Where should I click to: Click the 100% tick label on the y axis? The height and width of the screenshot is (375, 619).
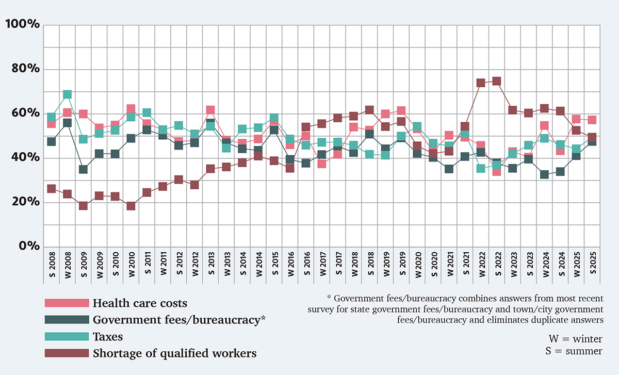(x=22, y=24)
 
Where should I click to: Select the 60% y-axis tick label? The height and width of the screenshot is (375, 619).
(x=25, y=113)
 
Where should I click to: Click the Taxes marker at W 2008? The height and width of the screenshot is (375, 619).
(x=67, y=94)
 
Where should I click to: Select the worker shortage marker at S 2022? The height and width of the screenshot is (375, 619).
(x=497, y=81)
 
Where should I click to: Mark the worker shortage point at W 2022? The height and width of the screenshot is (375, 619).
(x=481, y=83)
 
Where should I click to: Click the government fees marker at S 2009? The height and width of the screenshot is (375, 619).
(x=83, y=169)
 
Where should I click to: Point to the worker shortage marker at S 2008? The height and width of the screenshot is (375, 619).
(x=51, y=189)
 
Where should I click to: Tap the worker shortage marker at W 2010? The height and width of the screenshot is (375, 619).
(x=131, y=206)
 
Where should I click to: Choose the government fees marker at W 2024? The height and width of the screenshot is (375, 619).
(x=544, y=174)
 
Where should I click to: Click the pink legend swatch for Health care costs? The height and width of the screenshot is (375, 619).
(x=67, y=303)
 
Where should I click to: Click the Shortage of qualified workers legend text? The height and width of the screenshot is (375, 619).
(x=174, y=353)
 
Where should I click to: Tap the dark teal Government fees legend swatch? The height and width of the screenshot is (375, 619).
(x=67, y=320)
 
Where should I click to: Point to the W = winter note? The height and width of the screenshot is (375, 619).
(x=575, y=339)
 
